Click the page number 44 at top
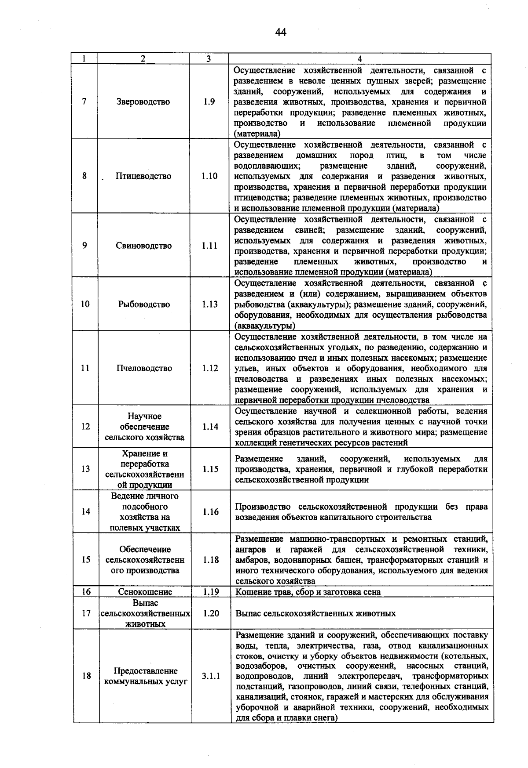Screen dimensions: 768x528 (x=281, y=33)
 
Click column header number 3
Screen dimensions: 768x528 (x=209, y=59)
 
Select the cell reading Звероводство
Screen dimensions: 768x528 (x=143, y=102)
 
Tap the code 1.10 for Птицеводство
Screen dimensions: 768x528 (x=209, y=176)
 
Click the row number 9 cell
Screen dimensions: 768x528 (x=84, y=246)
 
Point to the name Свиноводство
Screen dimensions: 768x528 (x=144, y=246)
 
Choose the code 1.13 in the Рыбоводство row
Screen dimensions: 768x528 (x=210, y=304)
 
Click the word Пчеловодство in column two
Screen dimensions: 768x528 (x=144, y=368)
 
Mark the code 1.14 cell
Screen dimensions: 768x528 (x=210, y=427)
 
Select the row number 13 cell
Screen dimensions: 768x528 (x=85, y=469)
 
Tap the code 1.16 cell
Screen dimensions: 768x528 (x=211, y=512)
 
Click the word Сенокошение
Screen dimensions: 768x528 (x=145, y=592)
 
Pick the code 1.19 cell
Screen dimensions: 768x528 (x=211, y=592)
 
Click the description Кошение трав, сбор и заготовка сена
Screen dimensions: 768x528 (x=308, y=592)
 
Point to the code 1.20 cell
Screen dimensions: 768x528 (x=211, y=613)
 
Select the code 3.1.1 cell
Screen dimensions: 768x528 (x=211, y=676)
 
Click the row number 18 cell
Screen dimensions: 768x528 (x=86, y=676)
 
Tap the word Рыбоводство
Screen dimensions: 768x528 (x=144, y=304)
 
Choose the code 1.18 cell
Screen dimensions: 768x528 (x=211, y=560)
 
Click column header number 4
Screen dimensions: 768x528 (x=359, y=59)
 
